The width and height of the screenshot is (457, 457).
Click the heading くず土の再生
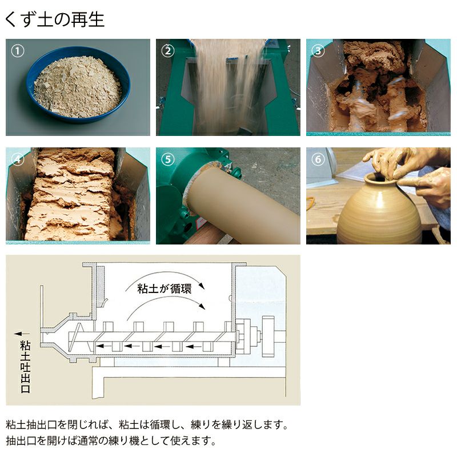(54, 19)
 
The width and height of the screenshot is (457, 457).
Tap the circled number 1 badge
(18, 51)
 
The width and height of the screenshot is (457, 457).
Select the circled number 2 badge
(168, 51)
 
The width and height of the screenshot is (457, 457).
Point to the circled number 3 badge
(318, 51)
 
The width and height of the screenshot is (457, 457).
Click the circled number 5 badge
(168, 159)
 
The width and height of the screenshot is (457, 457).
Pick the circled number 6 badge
(318, 159)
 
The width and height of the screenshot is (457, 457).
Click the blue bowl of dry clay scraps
(78, 85)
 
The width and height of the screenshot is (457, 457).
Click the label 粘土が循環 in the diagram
(164, 289)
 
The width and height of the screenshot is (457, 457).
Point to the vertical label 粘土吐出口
(25, 366)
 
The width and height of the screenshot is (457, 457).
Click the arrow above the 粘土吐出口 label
(22, 334)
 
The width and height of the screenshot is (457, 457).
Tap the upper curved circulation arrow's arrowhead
(202, 285)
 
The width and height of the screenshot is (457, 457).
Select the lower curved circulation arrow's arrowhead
(202, 306)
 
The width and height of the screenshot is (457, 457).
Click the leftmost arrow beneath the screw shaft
(104, 346)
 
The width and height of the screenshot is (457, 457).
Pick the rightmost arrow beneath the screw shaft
(194, 346)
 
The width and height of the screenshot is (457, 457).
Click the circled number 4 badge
(18, 159)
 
